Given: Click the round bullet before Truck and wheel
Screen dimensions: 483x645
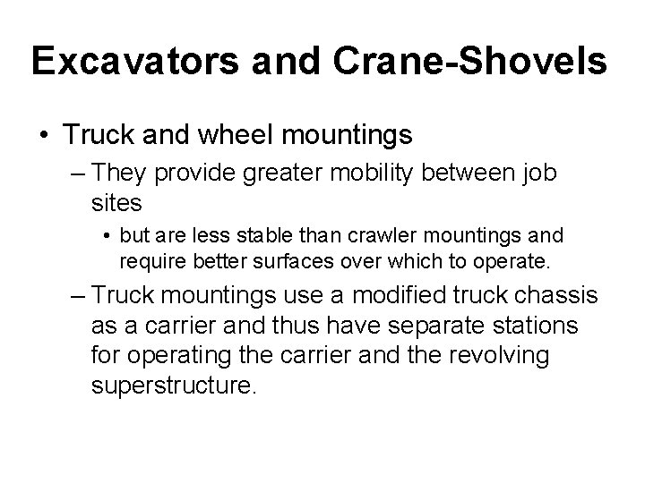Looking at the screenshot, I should click(43, 137).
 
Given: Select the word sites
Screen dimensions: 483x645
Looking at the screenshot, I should click(116, 203).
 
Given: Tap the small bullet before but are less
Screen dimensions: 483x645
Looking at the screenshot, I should click(107, 237).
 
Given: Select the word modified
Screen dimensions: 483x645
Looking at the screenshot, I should click(386, 296).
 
